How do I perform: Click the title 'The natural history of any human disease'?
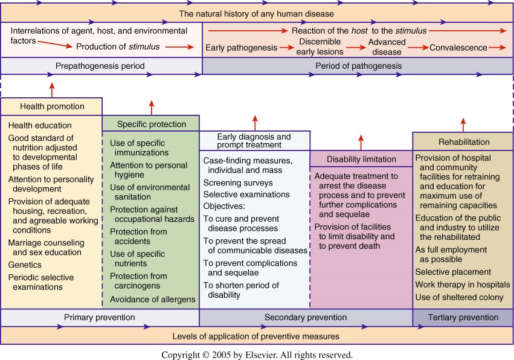click(x=257, y=13)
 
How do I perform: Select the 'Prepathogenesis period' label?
click(x=100, y=66)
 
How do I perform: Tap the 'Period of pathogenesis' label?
click(x=358, y=66)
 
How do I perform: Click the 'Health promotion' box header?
click(x=52, y=107)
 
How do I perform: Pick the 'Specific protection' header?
click(x=151, y=124)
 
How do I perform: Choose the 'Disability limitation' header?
click(x=361, y=159)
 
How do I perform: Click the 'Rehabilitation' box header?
click(x=464, y=142)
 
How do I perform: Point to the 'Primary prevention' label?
click(x=100, y=317)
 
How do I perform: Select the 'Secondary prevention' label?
click(x=306, y=317)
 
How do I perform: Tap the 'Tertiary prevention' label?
click(x=463, y=317)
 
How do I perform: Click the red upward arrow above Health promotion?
click(x=52, y=89)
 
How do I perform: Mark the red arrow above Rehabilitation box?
click(x=464, y=124)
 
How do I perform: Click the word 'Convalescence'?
click(x=458, y=48)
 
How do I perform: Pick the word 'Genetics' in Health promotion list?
click(x=25, y=265)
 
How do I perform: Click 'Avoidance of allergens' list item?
click(x=152, y=299)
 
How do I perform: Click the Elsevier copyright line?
click(x=257, y=355)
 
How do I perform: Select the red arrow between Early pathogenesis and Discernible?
click(x=289, y=47)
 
